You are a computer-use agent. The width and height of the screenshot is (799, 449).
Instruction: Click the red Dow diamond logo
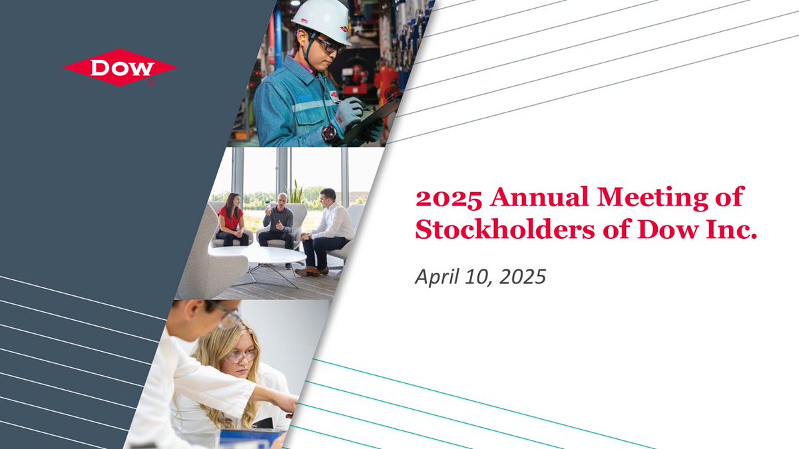tap(121, 67)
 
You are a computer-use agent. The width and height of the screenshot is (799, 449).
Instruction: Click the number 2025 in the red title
tap(447, 198)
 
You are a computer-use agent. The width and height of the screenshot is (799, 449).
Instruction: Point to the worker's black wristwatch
tap(329, 133)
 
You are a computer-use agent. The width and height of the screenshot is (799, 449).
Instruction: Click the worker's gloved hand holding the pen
tap(349, 112)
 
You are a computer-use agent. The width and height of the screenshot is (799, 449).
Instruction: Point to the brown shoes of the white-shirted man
tap(308, 271)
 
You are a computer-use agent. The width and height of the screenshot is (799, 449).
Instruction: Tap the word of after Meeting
tap(728, 198)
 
